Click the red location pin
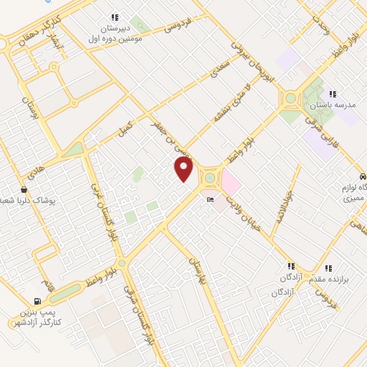coord(184,169)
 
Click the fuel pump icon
coord(37,302)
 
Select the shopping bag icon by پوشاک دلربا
coord(25,190)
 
